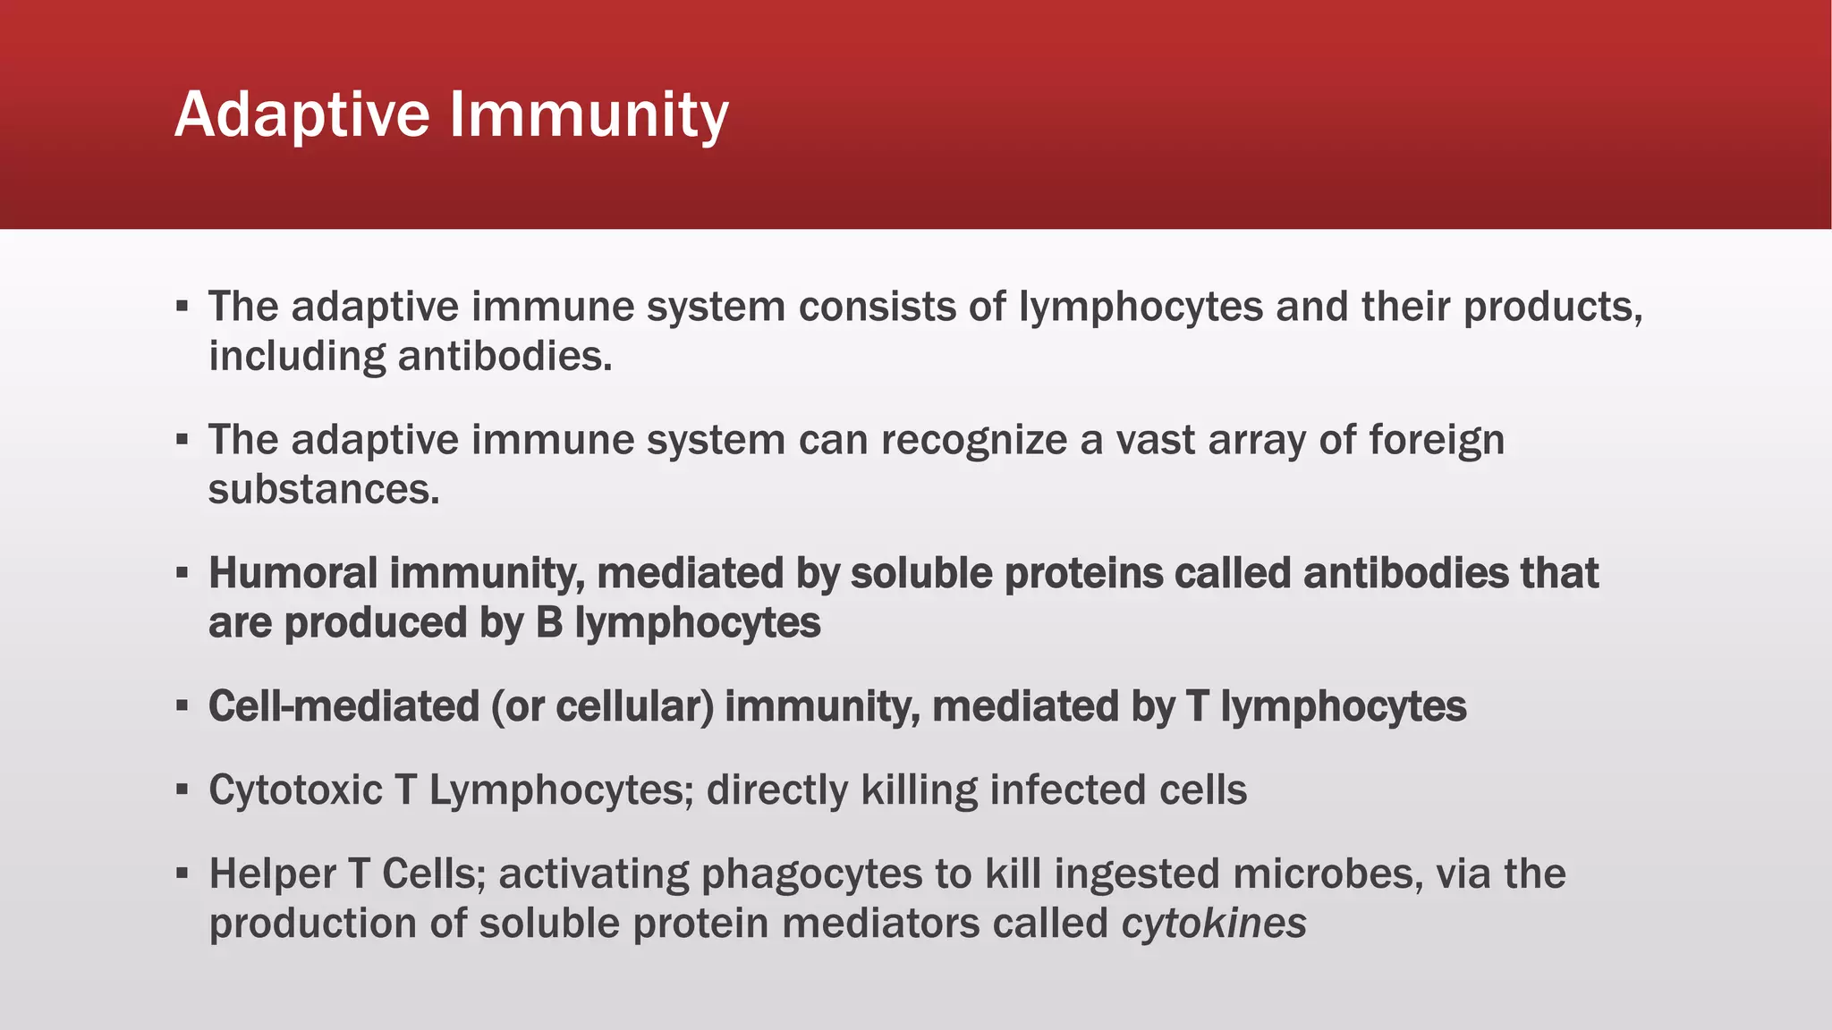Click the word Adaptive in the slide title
tap(302, 114)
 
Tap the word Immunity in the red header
tap(589, 114)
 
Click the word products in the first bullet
tap(1551, 307)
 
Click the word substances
tap(323, 489)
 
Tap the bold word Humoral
tap(293, 573)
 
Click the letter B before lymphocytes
tap(548, 623)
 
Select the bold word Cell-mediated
tap(343, 706)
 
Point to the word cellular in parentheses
tap(635, 706)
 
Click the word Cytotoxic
tap(295, 790)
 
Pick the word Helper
tap(272, 874)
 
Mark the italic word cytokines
tap(1214, 924)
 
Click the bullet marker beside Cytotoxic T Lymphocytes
tap(182, 789)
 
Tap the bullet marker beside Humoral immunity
tap(182, 572)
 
